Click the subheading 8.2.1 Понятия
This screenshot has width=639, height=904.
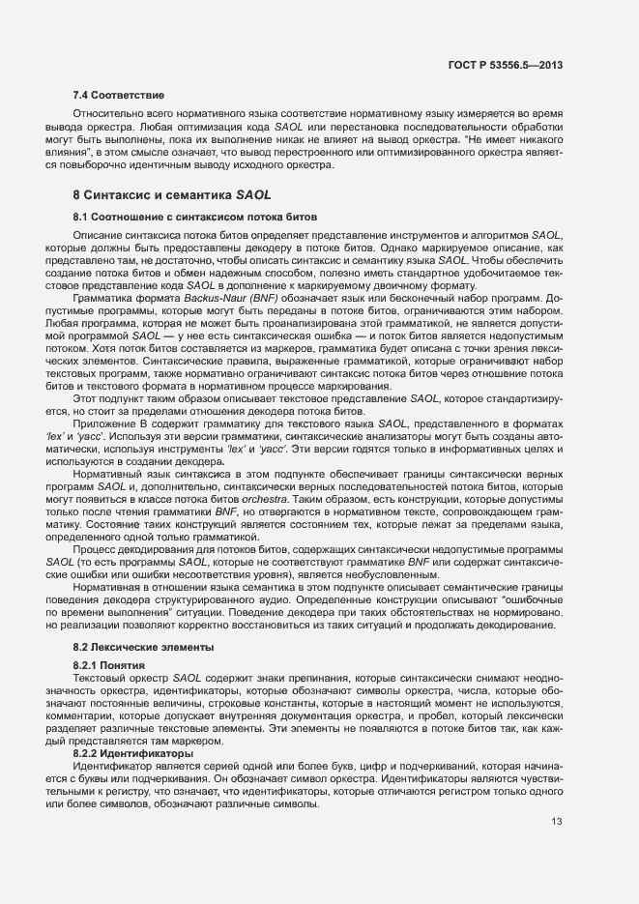point(109,666)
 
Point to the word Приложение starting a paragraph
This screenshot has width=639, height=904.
point(105,426)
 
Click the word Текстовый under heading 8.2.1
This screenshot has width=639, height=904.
point(102,679)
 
